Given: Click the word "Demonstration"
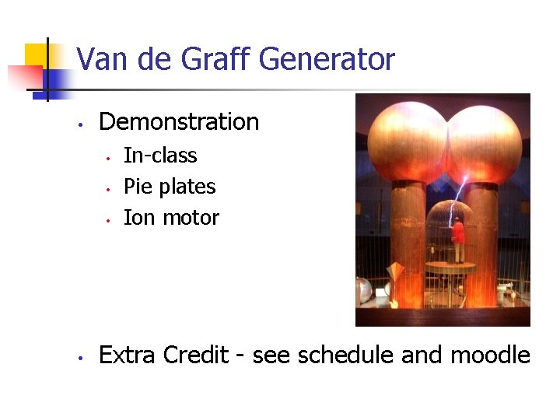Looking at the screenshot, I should [179, 122].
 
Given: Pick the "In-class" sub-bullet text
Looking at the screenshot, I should [160, 156].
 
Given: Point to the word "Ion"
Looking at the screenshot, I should [139, 218].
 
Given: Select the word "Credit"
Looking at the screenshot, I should [196, 355].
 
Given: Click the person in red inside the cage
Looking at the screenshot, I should [459, 237].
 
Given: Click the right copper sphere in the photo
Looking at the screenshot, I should [484, 143].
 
